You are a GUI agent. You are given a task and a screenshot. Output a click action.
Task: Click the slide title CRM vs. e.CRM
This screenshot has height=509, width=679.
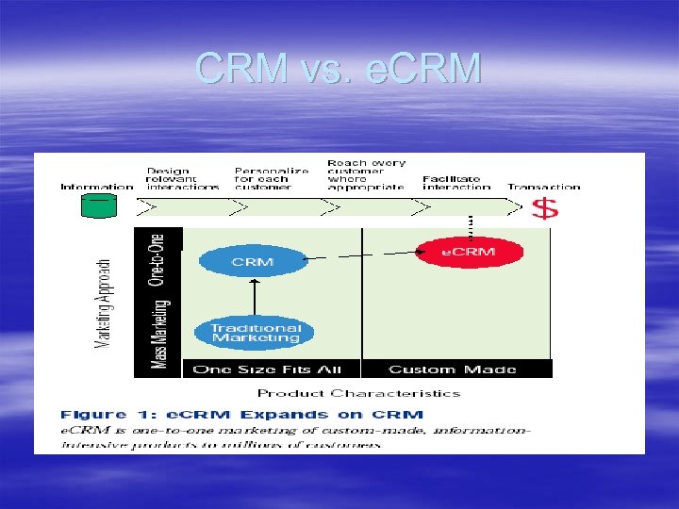339,69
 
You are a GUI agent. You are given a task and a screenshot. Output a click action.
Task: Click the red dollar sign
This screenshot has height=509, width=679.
545,207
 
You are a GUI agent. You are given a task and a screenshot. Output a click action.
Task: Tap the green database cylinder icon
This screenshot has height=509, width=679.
98,205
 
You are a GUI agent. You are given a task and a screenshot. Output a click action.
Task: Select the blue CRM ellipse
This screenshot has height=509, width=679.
253,261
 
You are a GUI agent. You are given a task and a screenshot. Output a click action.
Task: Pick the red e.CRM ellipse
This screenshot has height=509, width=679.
469,252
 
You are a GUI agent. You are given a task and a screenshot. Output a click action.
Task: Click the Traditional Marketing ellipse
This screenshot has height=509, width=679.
256,332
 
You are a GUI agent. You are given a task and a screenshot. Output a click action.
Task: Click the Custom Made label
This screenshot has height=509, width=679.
452,369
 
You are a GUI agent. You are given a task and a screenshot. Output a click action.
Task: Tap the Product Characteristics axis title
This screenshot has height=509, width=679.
358,393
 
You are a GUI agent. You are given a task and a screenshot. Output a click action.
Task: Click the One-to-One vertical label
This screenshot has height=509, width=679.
157,259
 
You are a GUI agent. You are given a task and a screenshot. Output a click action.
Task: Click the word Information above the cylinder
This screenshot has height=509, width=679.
97,187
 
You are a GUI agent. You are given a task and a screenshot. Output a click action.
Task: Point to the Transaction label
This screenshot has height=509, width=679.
543,187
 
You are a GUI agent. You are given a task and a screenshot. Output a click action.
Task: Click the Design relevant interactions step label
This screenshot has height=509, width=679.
182,178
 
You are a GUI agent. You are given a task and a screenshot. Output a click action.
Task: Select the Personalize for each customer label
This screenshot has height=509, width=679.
271,178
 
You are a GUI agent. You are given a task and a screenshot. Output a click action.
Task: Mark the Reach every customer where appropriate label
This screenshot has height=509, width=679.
365,174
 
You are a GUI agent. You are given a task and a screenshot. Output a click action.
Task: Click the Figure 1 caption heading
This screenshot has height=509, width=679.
242,414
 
